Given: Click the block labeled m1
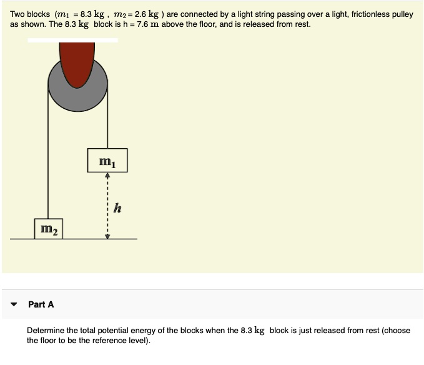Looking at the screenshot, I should (x=107, y=161).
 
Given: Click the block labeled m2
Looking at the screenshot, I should (x=49, y=228).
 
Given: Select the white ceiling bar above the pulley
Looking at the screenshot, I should (x=72, y=40).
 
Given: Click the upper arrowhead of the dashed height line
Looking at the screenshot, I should (x=107, y=176).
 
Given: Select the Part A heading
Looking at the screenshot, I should (x=41, y=304).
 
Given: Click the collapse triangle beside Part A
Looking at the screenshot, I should (x=14, y=304).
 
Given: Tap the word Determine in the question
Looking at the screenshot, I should (x=46, y=330).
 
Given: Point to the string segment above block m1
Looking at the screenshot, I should (x=108, y=119).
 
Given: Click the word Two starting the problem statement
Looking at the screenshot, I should (x=18, y=14).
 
